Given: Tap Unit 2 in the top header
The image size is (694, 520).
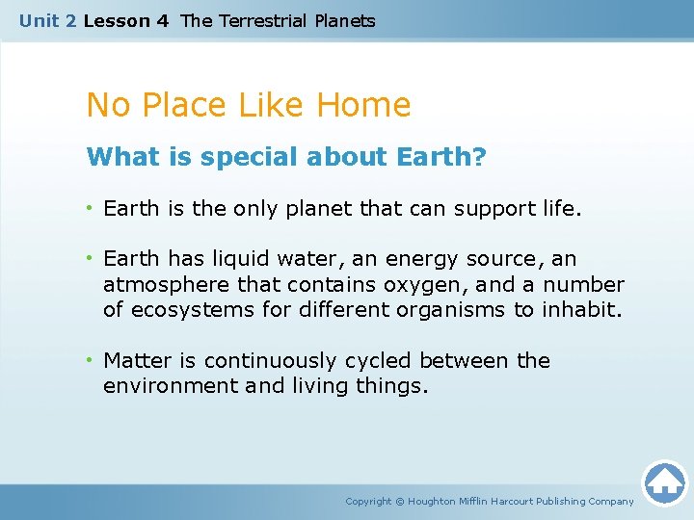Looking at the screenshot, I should [x=48, y=20].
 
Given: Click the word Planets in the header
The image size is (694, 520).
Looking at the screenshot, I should [x=344, y=20].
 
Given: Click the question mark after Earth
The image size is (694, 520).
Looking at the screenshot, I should [x=480, y=156].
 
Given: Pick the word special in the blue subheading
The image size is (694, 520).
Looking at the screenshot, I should [x=242, y=156].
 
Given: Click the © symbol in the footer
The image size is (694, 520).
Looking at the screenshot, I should [x=400, y=502].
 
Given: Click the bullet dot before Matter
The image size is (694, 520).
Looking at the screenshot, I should [x=91, y=360].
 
